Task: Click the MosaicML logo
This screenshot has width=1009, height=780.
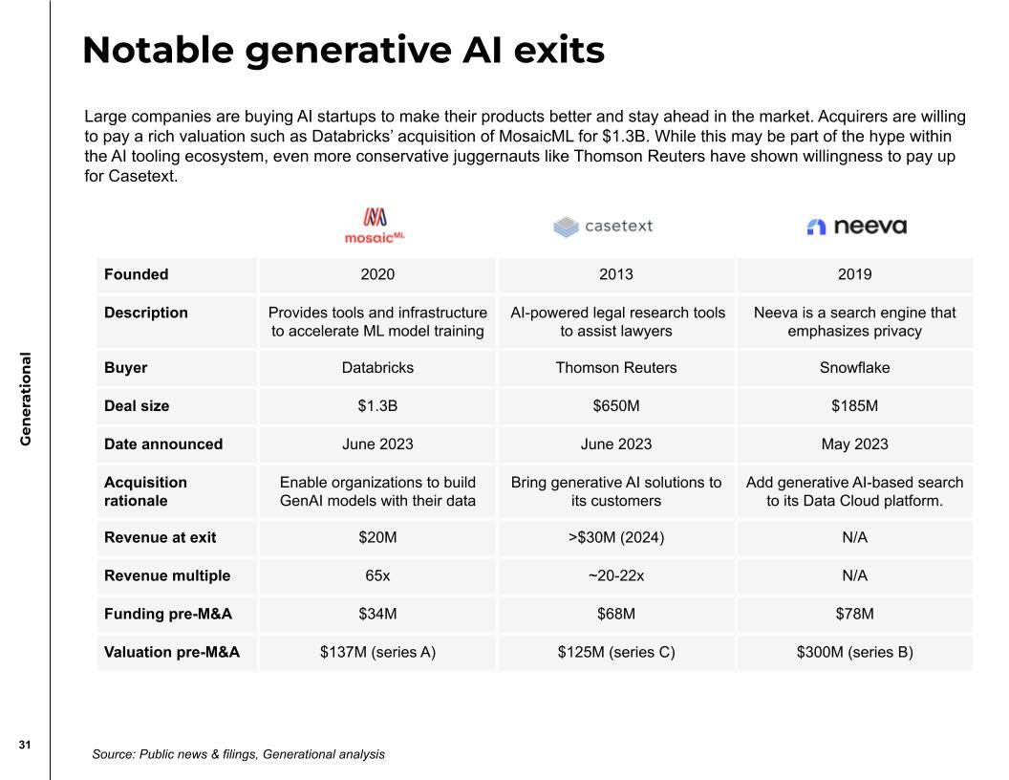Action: point(376,226)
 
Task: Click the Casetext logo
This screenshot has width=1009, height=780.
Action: point(602,227)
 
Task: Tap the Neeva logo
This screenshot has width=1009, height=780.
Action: point(856,227)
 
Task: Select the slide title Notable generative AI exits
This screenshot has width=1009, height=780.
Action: point(343,50)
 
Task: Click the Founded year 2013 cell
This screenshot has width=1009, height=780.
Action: point(615,274)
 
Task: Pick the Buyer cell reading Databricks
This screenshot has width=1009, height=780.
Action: point(377,368)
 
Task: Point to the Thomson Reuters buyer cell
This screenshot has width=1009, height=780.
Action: point(615,368)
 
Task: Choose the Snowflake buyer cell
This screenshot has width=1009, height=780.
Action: point(854,368)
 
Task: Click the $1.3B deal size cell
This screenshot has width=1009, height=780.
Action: point(377,406)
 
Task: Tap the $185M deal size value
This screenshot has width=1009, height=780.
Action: point(854,406)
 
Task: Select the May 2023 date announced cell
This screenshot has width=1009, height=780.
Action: point(854,444)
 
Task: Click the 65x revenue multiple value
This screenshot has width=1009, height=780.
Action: point(377,575)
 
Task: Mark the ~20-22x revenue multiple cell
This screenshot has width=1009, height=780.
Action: point(615,575)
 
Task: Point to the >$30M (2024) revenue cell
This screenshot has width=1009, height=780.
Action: point(615,537)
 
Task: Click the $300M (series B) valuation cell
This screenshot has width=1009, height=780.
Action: point(854,652)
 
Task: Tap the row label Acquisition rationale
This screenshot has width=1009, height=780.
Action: point(145,491)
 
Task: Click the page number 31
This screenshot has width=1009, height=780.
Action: point(25,745)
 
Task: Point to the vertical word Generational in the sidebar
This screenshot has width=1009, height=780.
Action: point(26,400)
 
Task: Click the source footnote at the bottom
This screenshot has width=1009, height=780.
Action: point(238,754)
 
